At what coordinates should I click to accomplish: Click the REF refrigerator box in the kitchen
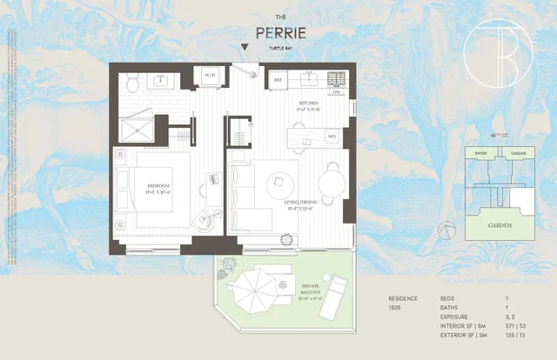(x=278, y=80)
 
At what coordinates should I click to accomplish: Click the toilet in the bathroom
(x=132, y=82)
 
